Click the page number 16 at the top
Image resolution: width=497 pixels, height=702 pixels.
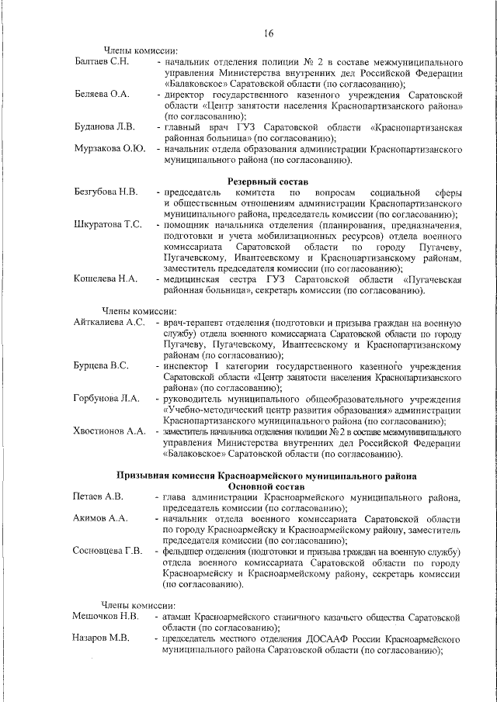click(268, 33)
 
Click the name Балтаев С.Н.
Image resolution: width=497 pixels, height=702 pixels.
click(101, 60)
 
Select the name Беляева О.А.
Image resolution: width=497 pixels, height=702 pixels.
click(101, 94)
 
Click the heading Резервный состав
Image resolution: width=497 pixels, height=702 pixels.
click(268, 181)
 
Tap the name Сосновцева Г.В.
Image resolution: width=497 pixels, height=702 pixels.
click(108, 551)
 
